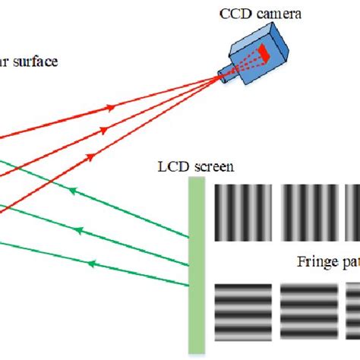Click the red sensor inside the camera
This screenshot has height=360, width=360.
click(263, 52)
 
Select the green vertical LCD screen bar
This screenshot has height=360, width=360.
click(196, 265)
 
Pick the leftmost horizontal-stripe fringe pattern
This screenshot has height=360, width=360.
click(242, 312)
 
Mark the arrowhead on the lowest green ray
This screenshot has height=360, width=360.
click(91, 263)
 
